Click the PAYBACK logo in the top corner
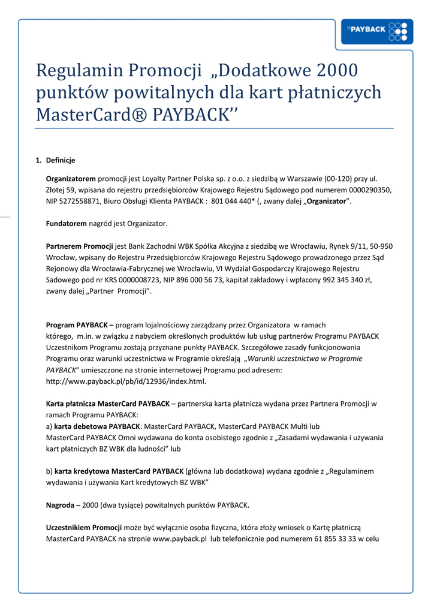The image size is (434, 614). coord(376,32)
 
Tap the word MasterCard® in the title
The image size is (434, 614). coord(83,114)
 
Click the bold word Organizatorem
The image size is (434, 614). coord(71,179)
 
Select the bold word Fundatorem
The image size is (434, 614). coord(67,224)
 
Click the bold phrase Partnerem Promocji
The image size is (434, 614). coord(80,246)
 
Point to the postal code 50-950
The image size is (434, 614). coord(381,246)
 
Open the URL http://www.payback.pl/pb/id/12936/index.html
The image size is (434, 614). coord(126,381)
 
